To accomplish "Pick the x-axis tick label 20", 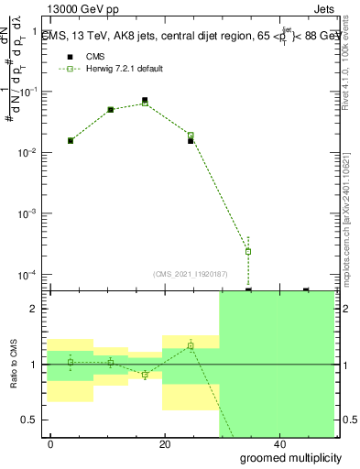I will (x=164, y=443).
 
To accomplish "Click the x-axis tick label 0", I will (x=50, y=443).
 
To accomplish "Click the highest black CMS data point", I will (x=145, y=100).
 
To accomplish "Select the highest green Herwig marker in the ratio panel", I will (x=191, y=345).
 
